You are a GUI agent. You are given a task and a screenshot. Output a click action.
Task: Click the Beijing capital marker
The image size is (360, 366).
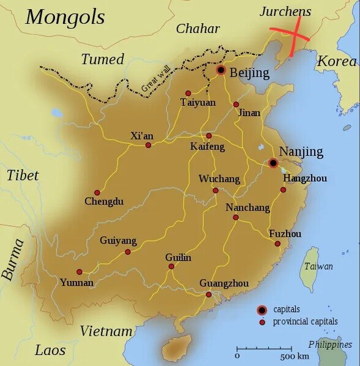click(x=220, y=70)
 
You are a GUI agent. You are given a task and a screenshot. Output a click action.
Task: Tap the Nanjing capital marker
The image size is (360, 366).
click(x=273, y=163)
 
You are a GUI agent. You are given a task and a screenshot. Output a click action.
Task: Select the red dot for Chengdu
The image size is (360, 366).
click(x=97, y=192)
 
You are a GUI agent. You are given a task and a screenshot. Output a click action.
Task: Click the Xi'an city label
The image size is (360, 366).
click(x=141, y=136)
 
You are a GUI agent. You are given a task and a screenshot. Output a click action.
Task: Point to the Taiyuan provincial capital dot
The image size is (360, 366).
click(x=189, y=94)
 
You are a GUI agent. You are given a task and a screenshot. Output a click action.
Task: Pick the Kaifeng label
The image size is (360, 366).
click(x=208, y=147)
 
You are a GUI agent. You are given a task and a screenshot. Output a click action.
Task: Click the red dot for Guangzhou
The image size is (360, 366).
click(x=209, y=294)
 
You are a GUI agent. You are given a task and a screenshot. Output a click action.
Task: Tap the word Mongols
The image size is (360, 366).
click(x=65, y=17)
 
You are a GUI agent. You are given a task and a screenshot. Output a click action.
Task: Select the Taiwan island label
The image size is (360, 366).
click(x=318, y=266)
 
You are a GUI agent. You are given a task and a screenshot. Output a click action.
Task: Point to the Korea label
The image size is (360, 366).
click(x=336, y=62)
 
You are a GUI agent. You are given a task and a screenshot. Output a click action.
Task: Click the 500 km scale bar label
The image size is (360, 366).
click(x=293, y=356)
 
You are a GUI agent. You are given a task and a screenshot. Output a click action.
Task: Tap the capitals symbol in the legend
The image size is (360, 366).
click(x=262, y=310)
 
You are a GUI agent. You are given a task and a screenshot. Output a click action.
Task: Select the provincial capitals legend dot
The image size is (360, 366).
click(x=262, y=322)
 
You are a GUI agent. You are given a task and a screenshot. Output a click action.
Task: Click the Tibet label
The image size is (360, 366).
click(x=23, y=176)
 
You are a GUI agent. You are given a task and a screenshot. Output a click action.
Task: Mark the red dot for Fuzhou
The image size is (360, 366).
click(x=277, y=244)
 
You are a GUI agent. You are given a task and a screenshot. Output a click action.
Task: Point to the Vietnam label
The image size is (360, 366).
click(x=106, y=331)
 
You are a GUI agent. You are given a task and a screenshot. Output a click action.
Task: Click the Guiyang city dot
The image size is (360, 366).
click(x=127, y=252)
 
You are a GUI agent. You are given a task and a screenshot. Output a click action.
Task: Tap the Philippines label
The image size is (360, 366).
click(x=331, y=344)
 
